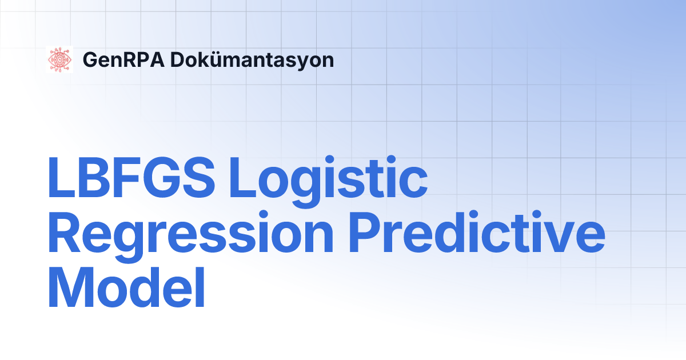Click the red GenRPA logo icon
coord(59,59)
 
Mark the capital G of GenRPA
coord(91,59)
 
